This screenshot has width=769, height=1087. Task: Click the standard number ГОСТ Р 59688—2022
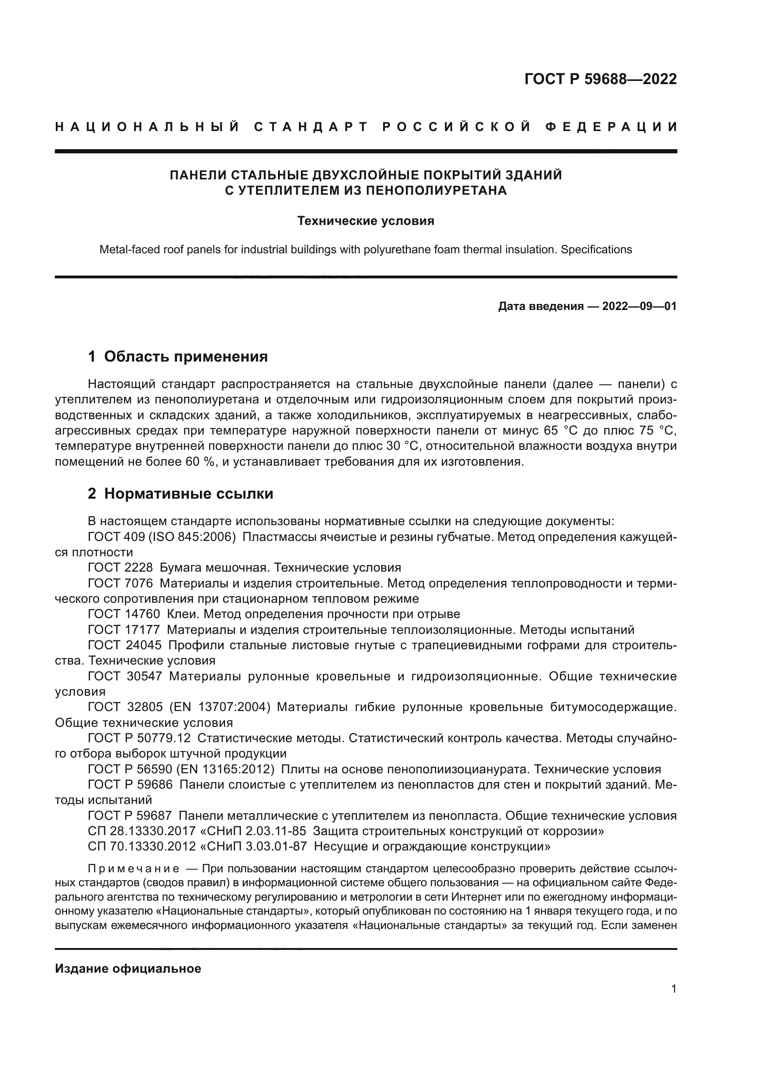click(600, 79)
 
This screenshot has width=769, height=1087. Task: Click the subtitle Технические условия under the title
click(365, 221)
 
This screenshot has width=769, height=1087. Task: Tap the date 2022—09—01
click(639, 306)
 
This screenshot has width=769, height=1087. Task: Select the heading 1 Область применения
click(178, 356)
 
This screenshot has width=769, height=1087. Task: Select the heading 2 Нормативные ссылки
click(180, 494)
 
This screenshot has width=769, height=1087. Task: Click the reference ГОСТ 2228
click(120, 567)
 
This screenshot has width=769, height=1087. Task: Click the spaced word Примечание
click(133, 869)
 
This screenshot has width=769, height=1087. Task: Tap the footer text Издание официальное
click(128, 968)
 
